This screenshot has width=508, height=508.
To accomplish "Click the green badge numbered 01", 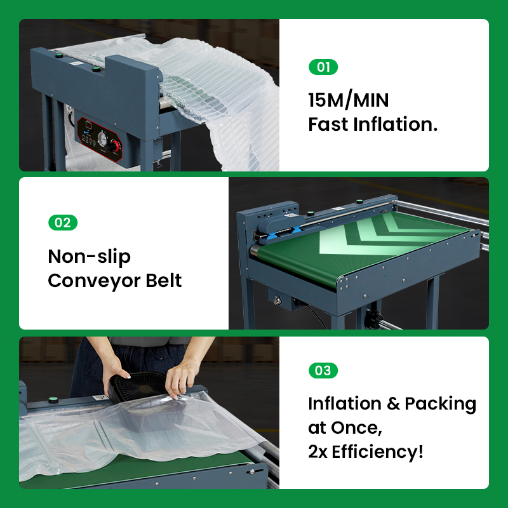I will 323,67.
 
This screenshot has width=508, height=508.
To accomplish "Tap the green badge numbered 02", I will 63,223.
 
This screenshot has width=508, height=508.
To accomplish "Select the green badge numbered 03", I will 323,371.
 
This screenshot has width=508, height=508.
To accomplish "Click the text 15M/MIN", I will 348,100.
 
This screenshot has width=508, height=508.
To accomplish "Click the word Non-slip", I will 90,257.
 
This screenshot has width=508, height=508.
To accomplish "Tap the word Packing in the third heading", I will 440,404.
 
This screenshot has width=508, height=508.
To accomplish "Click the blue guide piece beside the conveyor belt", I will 272,236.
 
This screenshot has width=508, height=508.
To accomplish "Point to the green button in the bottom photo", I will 53,401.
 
